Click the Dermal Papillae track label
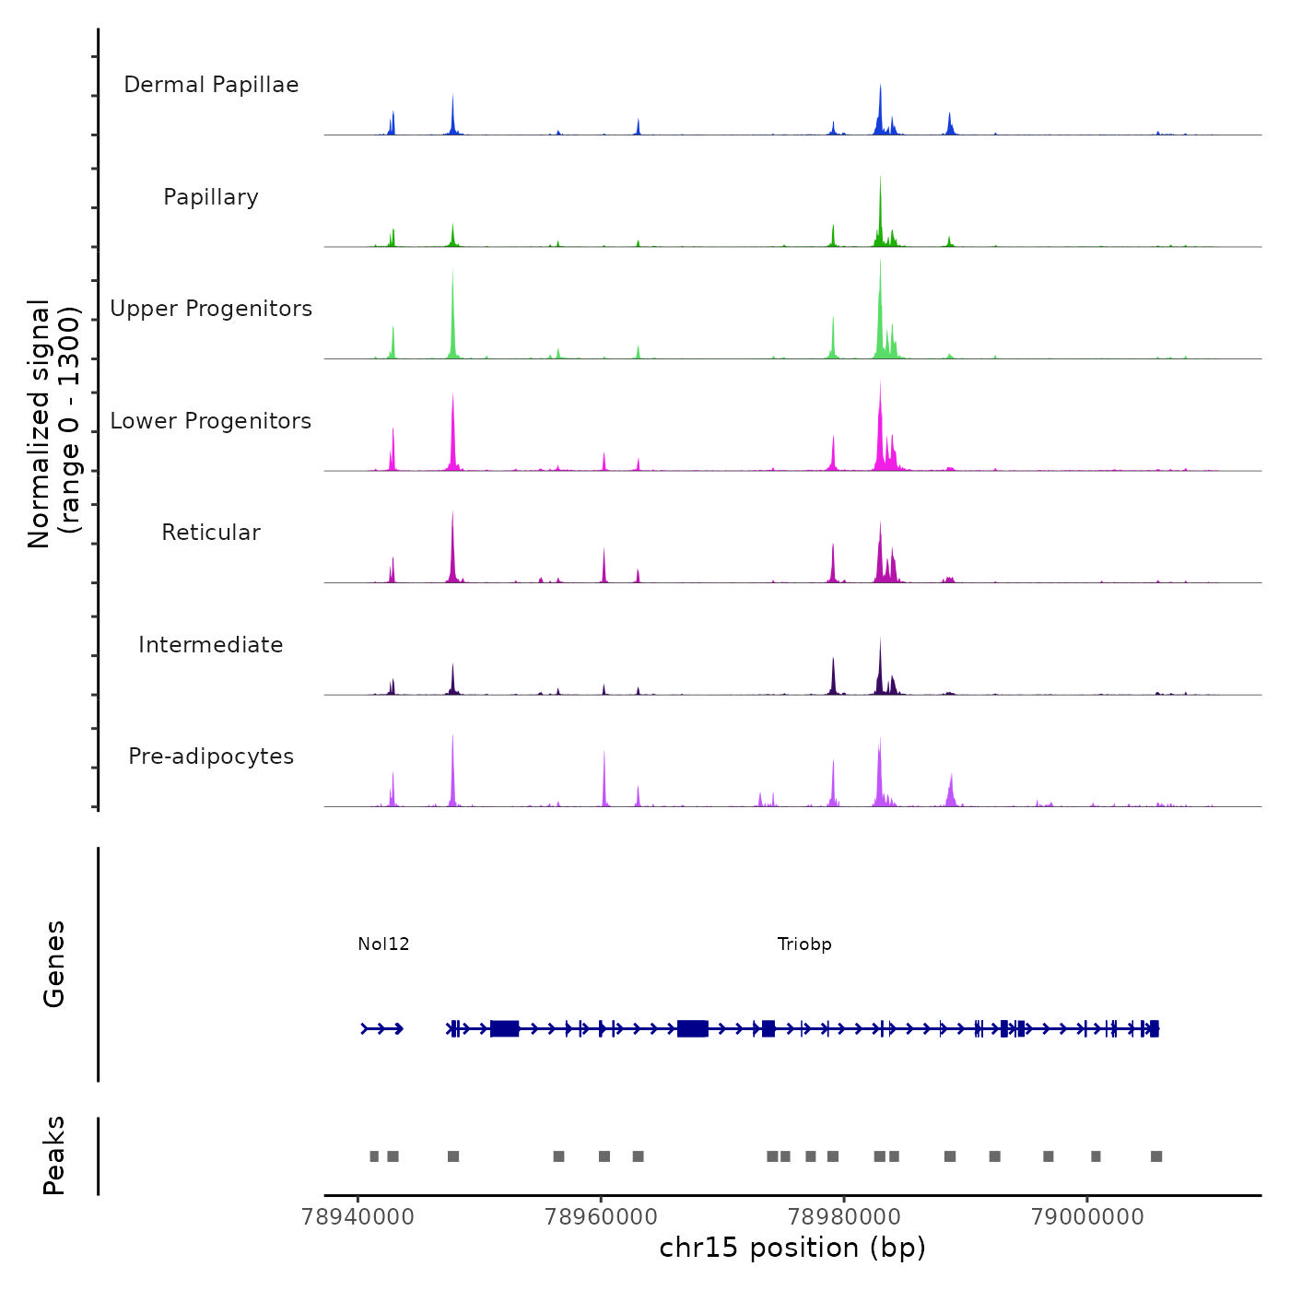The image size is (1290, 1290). tap(211, 85)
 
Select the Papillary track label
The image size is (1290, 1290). tap(211, 197)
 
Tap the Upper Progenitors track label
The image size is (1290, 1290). tap(211, 309)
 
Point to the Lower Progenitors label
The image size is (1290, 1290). tap(211, 421)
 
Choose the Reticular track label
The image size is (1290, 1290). tap(211, 533)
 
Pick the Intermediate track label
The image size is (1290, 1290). tap(211, 645)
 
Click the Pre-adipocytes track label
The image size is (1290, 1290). tap(211, 756)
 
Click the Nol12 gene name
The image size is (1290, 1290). tap(383, 944)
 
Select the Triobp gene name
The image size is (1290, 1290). tap(804, 944)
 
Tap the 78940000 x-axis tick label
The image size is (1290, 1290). tap(358, 1217)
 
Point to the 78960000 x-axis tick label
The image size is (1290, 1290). tap(601, 1217)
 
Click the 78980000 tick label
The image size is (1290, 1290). tap(844, 1217)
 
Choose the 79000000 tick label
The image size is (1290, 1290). tap(1087, 1217)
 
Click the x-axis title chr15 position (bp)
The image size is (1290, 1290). tap(792, 1248)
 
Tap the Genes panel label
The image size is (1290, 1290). tap(54, 964)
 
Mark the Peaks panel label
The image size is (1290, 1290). tap(54, 1155)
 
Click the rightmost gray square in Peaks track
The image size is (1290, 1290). tap(1156, 1156)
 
